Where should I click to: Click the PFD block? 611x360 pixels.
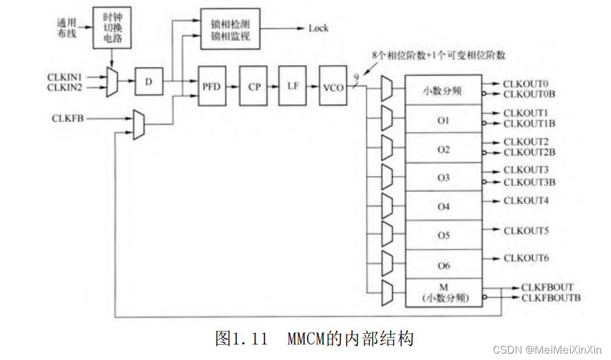point(212,86)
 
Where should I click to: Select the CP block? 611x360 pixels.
point(253,86)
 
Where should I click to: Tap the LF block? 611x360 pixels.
point(292,86)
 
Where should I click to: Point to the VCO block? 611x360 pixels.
point(333,86)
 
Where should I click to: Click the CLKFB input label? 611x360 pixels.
point(66,117)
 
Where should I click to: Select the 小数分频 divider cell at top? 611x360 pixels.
point(444,91)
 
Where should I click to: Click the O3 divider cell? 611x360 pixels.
point(444,177)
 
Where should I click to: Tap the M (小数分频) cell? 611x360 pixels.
point(444,293)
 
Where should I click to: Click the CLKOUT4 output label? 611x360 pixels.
point(525,200)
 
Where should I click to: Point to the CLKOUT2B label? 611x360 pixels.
point(529,152)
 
